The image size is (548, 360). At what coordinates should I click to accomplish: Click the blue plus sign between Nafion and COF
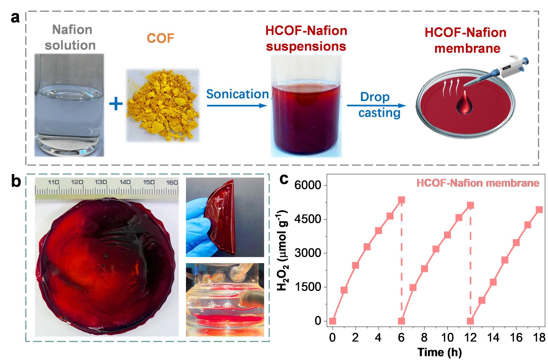(116, 104)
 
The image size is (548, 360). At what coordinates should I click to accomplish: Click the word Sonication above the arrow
(237, 94)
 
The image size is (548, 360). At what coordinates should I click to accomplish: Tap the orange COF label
(161, 38)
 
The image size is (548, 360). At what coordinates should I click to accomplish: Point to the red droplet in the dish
(464, 104)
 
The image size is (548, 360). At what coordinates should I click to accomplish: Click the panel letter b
(16, 181)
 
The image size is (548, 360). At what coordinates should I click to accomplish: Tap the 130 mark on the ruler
(101, 182)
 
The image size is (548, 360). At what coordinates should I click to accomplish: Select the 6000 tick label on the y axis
(307, 185)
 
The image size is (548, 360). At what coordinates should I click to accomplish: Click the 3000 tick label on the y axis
(307, 253)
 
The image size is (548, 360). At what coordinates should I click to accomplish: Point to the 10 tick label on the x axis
(447, 338)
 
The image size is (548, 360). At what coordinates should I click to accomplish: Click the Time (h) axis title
(440, 352)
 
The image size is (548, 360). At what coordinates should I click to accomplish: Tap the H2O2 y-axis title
(283, 250)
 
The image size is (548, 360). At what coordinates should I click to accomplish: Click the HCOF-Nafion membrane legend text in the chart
(478, 183)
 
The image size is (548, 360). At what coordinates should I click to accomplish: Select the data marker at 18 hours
(539, 210)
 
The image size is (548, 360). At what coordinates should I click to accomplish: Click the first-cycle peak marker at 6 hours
(401, 200)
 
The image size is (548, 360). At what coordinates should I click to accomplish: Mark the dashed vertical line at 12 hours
(470, 268)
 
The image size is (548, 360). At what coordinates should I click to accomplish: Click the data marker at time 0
(333, 321)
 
